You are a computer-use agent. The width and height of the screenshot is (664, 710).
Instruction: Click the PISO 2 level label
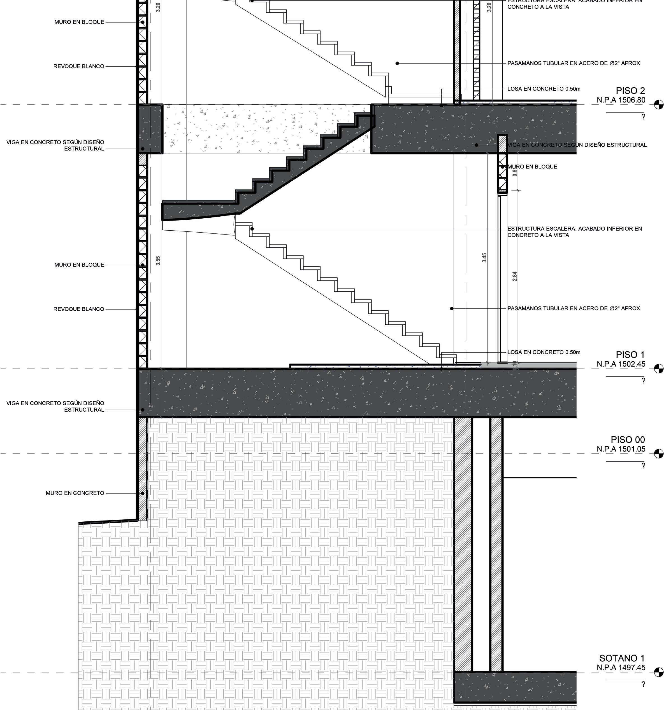(x=630, y=91)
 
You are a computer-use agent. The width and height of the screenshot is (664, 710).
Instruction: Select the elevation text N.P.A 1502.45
(x=621, y=364)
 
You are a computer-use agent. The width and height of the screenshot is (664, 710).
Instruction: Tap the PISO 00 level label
(x=628, y=440)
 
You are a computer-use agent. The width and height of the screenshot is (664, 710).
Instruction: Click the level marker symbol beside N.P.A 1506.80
(x=658, y=105)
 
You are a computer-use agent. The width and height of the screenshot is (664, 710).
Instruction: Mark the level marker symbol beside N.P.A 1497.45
(x=658, y=672)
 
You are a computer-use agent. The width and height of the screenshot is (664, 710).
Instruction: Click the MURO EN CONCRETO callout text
(x=75, y=493)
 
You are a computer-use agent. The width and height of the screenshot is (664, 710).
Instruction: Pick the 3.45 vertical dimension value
(x=484, y=257)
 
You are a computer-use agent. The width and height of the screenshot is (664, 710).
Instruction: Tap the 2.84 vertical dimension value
(x=515, y=276)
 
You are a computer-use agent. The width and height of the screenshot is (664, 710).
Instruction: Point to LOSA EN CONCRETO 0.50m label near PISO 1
(x=544, y=352)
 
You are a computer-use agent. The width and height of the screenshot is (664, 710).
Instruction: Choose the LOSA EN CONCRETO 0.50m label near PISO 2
(x=544, y=89)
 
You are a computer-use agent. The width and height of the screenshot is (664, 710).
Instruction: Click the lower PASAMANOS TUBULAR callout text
(x=574, y=308)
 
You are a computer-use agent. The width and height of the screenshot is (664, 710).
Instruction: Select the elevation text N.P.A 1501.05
(x=621, y=449)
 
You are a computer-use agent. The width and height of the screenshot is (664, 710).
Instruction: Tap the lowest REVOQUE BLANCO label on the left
(x=79, y=309)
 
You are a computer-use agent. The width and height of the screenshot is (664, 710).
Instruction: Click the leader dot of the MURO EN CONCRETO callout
(x=143, y=493)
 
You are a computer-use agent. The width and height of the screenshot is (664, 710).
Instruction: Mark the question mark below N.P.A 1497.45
(x=643, y=684)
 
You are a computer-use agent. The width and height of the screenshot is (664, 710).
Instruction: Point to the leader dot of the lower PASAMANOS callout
(x=452, y=308)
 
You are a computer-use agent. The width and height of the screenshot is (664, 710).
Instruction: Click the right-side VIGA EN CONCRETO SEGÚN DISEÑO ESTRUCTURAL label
(x=577, y=145)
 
